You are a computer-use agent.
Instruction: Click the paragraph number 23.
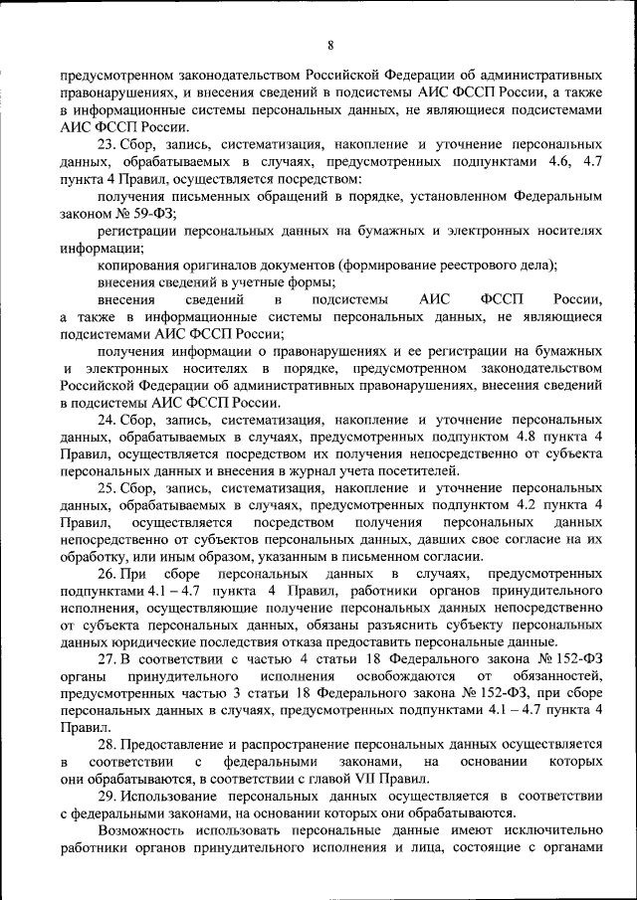[x=106, y=143]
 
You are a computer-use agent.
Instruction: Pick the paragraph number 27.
[x=106, y=660]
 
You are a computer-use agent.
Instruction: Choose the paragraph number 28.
[x=106, y=746]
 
